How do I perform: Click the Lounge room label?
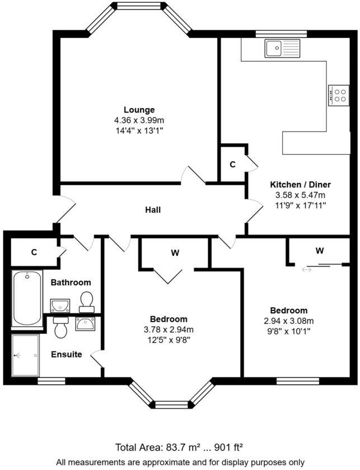click(139, 110)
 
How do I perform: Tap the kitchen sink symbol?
click(282, 48)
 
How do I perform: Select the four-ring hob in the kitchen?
click(339, 94)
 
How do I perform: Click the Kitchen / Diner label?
click(300, 185)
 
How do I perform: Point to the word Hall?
click(153, 210)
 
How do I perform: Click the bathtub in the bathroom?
click(27, 299)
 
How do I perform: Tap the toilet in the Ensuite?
click(61, 327)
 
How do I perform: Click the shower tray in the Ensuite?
click(26, 355)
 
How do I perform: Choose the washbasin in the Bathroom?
click(60, 305)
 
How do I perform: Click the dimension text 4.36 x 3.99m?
click(139, 120)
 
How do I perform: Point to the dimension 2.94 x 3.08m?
click(288, 321)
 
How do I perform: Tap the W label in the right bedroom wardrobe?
click(319, 251)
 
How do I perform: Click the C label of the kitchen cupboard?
click(232, 164)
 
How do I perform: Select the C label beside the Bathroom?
click(34, 252)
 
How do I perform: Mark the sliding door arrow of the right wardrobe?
click(306, 270)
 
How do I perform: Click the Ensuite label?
click(67, 354)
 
